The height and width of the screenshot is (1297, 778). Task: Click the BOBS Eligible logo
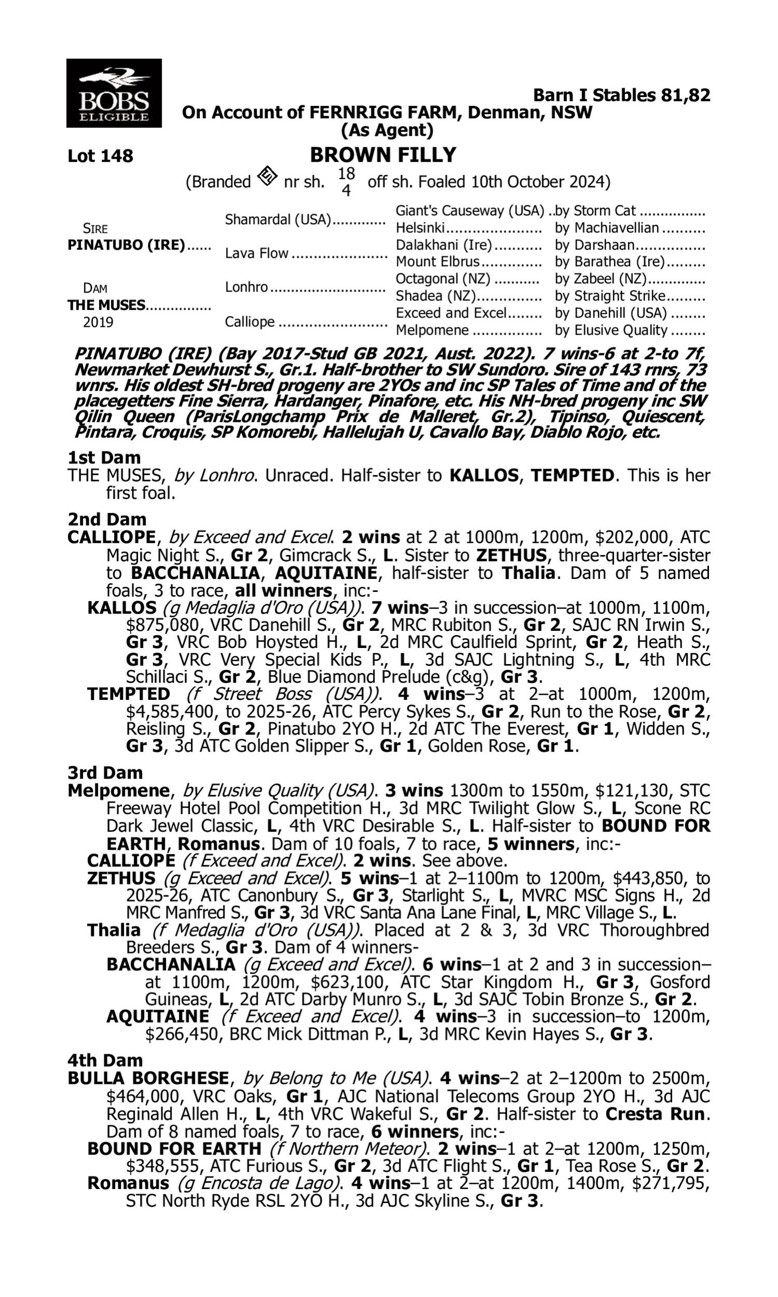pos(114,93)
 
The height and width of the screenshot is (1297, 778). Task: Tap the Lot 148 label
pos(100,156)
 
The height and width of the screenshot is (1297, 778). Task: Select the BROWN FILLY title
pos(383,155)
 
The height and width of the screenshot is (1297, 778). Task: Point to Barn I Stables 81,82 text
pos(621,95)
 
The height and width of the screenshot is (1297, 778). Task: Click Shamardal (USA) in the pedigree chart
pos(279,219)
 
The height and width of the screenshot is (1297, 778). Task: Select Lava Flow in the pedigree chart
pos(256,253)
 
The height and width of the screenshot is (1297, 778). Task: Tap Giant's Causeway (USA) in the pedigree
pos(470,211)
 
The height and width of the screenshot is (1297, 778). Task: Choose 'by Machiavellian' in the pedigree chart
pos(606,228)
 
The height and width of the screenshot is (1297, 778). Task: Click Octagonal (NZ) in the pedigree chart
pos(443,279)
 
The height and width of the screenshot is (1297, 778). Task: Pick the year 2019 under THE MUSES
pos(98,322)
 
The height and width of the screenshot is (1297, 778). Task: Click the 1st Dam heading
pos(104,458)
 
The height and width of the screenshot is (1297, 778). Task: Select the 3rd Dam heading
pos(105,772)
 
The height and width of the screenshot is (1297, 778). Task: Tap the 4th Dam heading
pos(105,1060)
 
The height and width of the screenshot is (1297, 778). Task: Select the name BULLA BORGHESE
pos(148,1079)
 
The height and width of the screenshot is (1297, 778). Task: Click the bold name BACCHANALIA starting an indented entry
pos(171,964)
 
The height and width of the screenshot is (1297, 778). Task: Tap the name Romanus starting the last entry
pos(128,1183)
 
